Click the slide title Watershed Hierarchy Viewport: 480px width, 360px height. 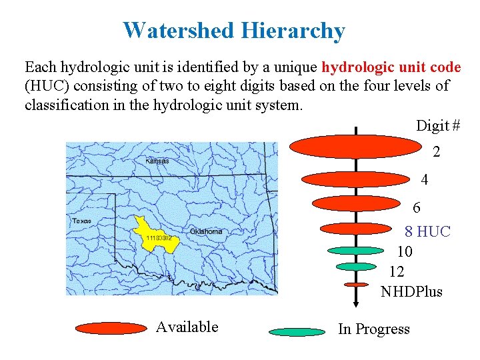click(x=234, y=31)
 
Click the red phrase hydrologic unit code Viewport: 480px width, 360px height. click(x=391, y=67)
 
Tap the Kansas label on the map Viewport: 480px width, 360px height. click(x=157, y=160)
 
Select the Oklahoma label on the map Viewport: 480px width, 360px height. click(x=206, y=231)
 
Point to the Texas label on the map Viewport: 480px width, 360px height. click(x=81, y=221)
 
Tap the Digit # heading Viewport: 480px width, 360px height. click(x=438, y=125)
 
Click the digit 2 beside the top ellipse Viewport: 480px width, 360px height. click(x=436, y=152)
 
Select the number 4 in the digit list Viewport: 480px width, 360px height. click(x=425, y=180)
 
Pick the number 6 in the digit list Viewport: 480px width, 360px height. click(x=417, y=207)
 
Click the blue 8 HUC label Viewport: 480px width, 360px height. click(x=427, y=231)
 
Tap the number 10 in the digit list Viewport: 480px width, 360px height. click(x=405, y=251)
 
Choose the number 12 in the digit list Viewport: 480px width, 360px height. click(x=397, y=271)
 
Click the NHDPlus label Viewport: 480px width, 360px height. click(x=411, y=291)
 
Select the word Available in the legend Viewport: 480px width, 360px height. click(x=187, y=327)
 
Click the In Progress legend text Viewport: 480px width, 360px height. click(x=374, y=329)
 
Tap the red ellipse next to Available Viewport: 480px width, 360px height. click(x=111, y=328)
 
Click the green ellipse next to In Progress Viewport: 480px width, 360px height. click(x=297, y=331)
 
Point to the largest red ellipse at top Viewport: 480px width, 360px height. click(x=357, y=147)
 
